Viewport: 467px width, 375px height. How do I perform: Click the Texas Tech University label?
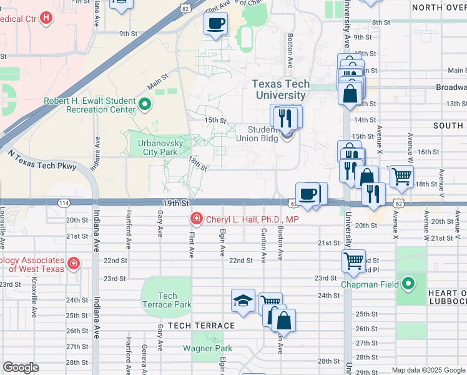coord(280,90)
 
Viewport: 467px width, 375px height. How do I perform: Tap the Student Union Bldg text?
coord(260,134)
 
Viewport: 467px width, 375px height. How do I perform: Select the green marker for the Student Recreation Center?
coord(145,104)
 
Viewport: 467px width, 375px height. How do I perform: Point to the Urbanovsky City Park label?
coord(152,147)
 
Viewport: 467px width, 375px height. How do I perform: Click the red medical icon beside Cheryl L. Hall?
coord(196,219)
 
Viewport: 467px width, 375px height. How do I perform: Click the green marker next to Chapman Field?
coord(408,284)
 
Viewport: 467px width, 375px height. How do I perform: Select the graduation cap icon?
coord(243,301)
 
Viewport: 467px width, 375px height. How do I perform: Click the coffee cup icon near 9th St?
coord(215,24)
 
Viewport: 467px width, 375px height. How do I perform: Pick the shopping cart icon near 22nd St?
coord(353,259)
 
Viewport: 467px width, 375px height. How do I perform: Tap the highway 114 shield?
coord(64,203)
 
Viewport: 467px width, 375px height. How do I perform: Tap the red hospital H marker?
coord(46,17)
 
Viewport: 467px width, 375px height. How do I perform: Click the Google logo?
coord(21,367)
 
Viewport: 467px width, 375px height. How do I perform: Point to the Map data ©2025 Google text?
coord(428,370)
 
